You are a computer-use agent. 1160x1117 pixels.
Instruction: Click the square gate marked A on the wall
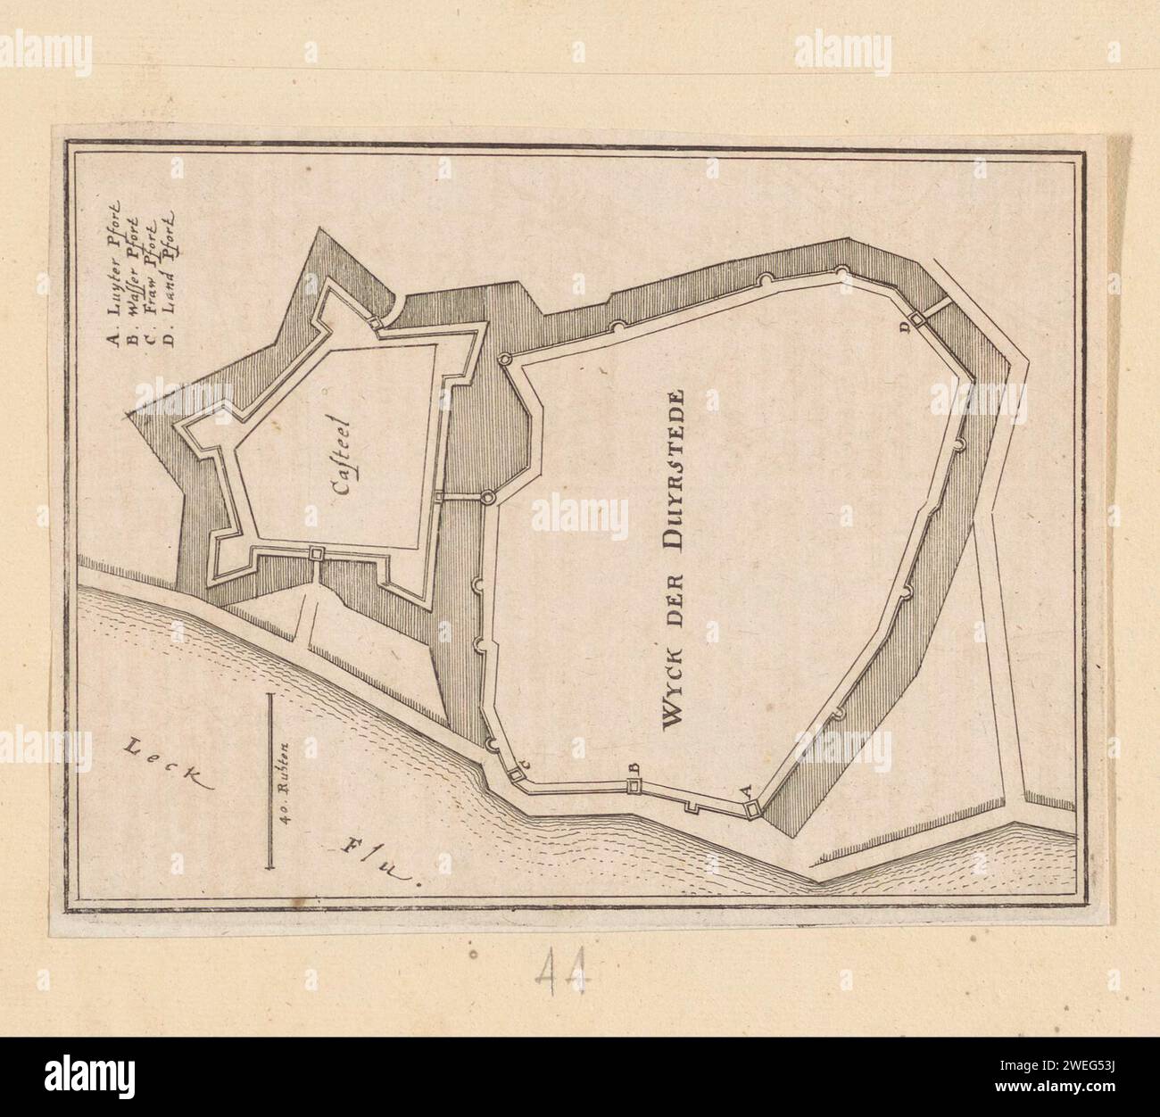(x=752, y=808)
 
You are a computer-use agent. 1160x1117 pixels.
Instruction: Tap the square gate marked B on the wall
(x=634, y=785)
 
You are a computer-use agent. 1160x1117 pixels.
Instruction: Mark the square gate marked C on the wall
(x=517, y=774)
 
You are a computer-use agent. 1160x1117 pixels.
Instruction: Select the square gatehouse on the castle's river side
(x=316, y=554)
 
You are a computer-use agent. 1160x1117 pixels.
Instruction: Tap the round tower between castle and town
(x=488, y=496)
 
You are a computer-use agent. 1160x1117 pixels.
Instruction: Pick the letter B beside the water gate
(x=634, y=767)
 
